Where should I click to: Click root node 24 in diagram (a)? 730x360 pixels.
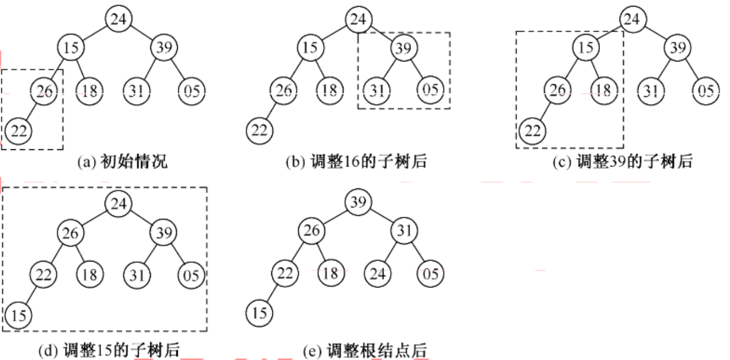pyautogui.click(x=119, y=19)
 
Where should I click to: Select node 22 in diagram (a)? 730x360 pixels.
pyautogui.click(x=18, y=131)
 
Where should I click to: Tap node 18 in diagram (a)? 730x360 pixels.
pyautogui.click(x=89, y=91)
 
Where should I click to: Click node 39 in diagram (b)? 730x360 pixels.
pyautogui.click(x=404, y=48)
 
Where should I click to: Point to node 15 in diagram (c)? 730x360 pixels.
pyautogui.click(x=585, y=48)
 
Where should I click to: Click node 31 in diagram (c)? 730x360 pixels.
pyautogui.click(x=651, y=91)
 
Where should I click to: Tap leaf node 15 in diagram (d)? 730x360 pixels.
pyautogui.click(x=18, y=315)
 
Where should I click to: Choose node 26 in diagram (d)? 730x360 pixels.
pyautogui.click(x=70, y=233)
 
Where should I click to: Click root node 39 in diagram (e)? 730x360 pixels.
pyautogui.click(x=358, y=202)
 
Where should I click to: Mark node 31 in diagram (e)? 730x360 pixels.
pyautogui.click(x=404, y=232)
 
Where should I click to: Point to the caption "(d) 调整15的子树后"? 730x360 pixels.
pyautogui.click(x=109, y=350)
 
